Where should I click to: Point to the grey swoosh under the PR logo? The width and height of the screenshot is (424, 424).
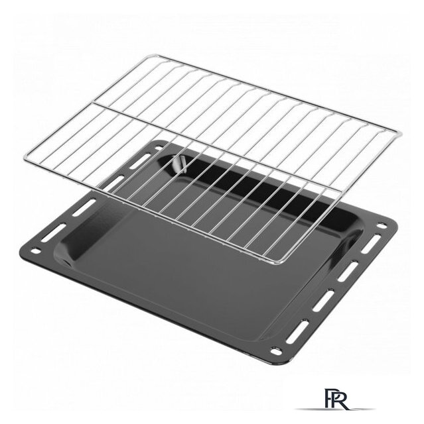(x=336, y=409)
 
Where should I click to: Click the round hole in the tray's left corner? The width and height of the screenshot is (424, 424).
(x=35, y=251)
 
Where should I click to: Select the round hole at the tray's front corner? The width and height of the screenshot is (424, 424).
(x=276, y=352)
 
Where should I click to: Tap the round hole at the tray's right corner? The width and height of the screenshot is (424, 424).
(x=382, y=225)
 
